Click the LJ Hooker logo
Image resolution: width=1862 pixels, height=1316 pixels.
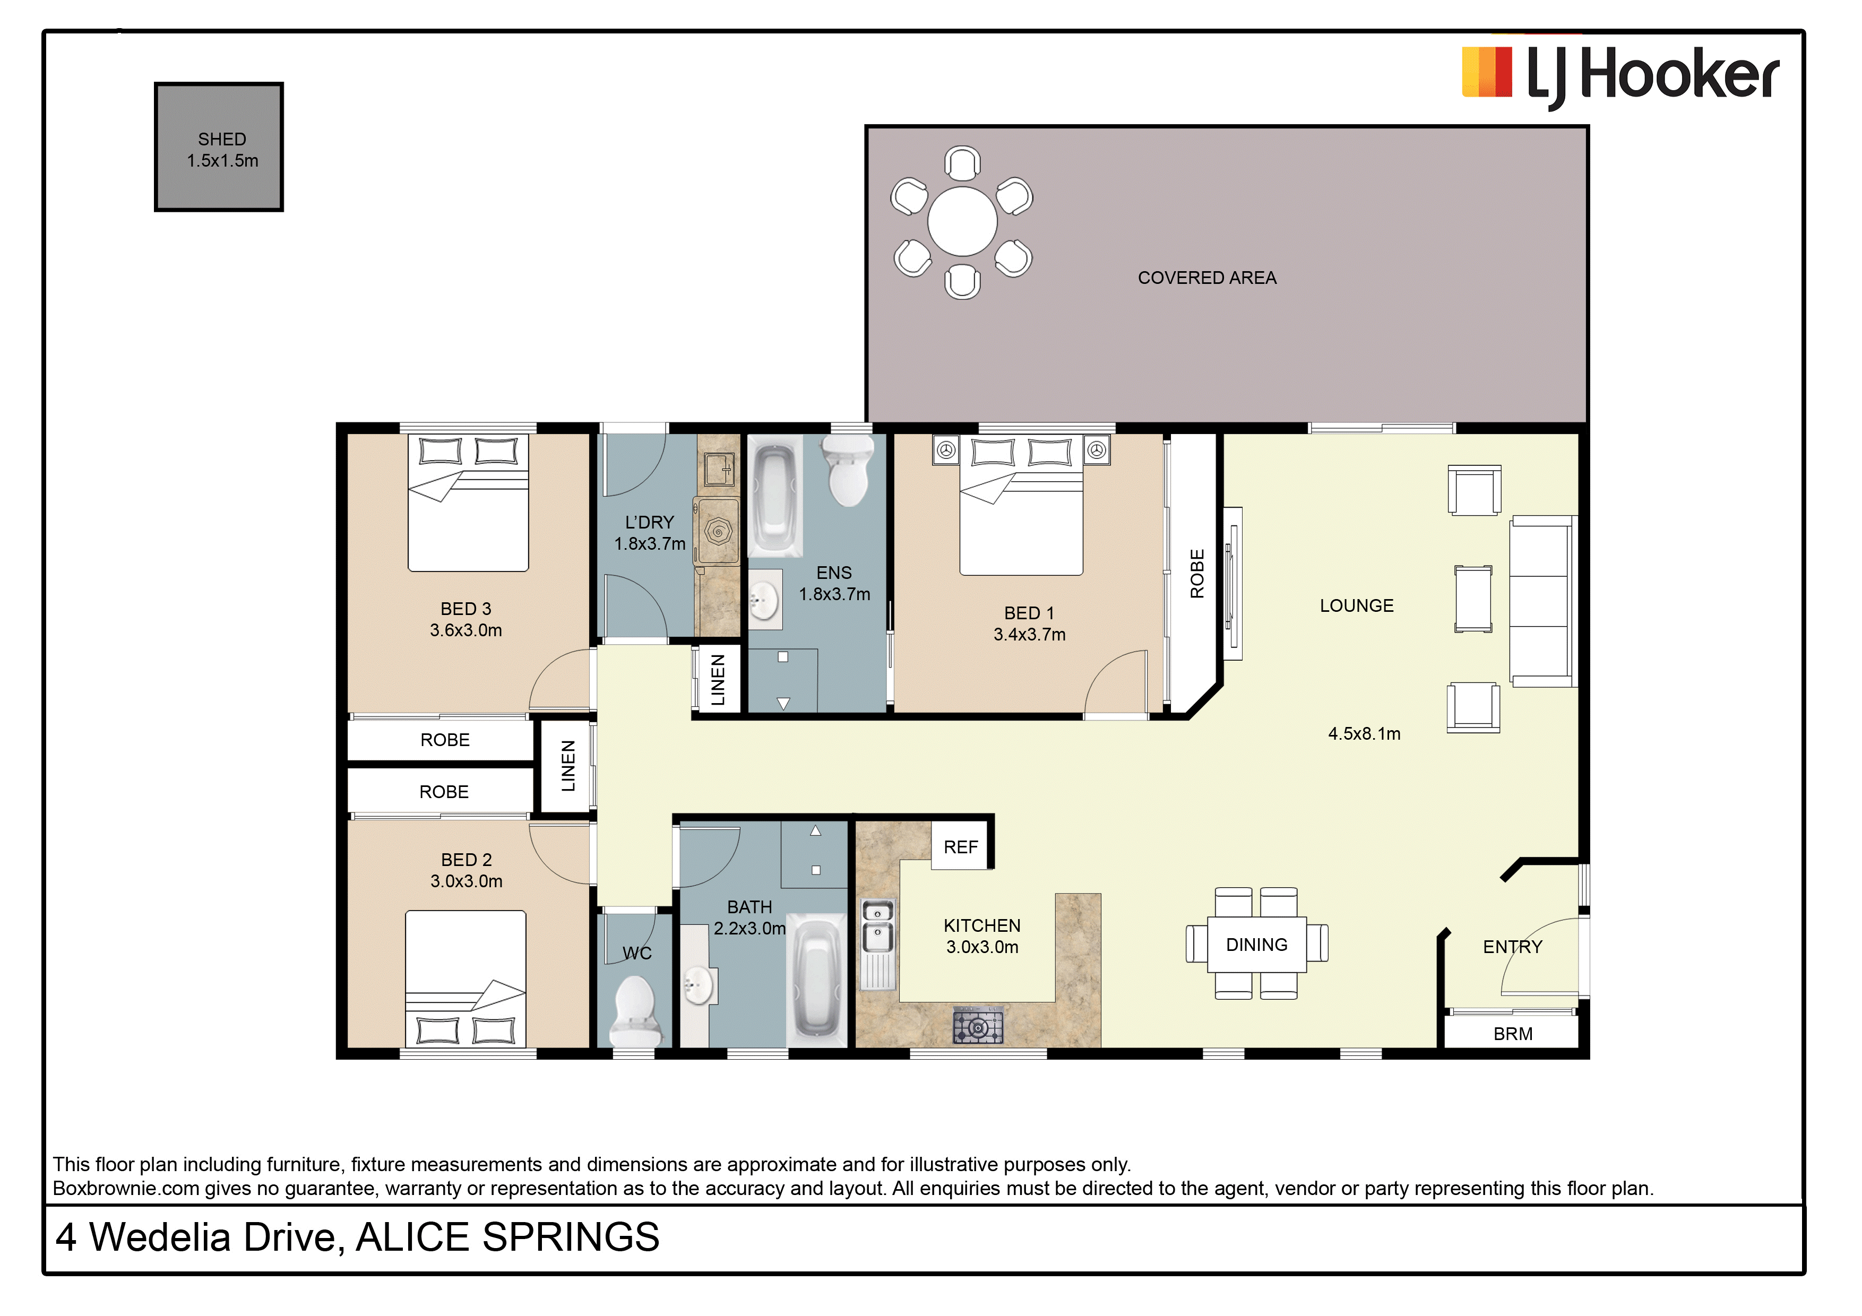click(x=1620, y=75)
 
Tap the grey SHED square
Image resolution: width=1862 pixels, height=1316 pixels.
click(x=219, y=147)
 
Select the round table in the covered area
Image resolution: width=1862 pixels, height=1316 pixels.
click(x=963, y=221)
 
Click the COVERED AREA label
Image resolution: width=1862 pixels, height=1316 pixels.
click(x=1206, y=278)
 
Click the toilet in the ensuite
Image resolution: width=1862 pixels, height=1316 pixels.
click(x=848, y=470)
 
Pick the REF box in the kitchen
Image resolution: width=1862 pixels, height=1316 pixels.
click(x=961, y=846)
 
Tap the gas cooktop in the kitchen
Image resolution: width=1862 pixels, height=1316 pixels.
click(x=978, y=1026)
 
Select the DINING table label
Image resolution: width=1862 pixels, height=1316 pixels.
click(x=1256, y=945)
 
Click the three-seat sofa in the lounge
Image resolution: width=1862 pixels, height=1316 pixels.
click(x=1541, y=601)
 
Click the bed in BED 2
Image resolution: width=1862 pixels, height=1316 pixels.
click(x=465, y=979)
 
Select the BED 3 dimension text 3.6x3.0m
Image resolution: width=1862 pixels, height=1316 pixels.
click(x=465, y=630)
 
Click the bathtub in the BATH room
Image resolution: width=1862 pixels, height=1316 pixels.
click(x=817, y=980)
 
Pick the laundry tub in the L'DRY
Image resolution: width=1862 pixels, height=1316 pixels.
click(x=719, y=468)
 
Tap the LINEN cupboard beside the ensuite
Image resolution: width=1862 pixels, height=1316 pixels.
click(x=718, y=679)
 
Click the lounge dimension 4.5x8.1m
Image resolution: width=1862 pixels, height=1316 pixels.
click(x=1364, y=734)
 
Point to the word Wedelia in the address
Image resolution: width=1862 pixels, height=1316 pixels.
click(x=210, y=1237)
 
